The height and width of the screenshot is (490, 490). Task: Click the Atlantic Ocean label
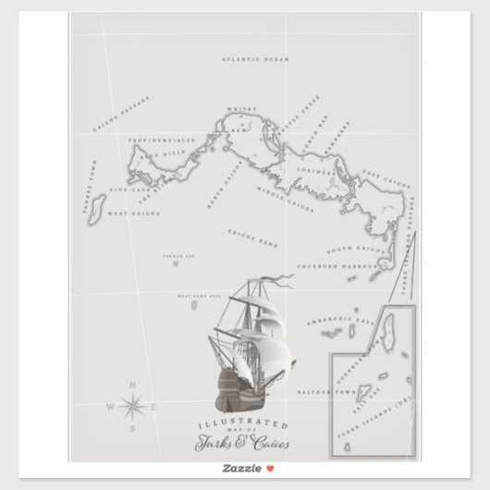255,59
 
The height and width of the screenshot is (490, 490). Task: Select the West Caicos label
134,214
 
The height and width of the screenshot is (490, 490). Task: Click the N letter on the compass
132,384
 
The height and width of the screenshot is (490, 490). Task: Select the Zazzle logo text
237,470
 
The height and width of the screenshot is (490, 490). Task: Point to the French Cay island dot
176,263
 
